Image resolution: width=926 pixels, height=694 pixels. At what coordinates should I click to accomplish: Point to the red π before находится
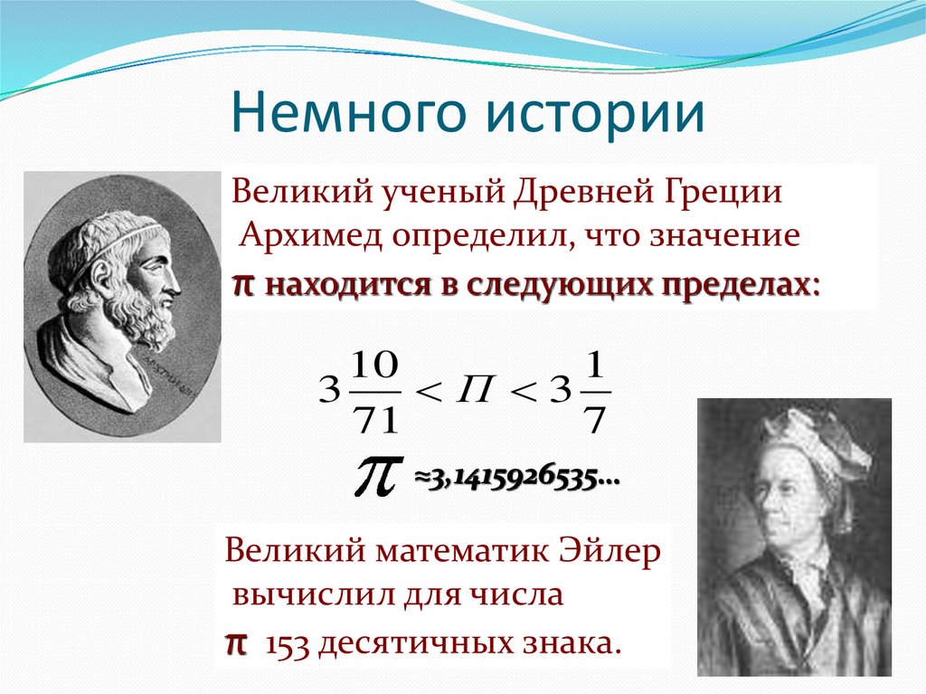(x=241, y=284)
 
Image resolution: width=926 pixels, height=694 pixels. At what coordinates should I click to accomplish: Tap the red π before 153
(x=235, y=643)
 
